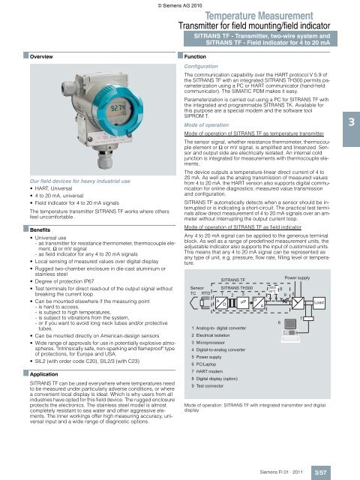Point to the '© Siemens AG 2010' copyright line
179,4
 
